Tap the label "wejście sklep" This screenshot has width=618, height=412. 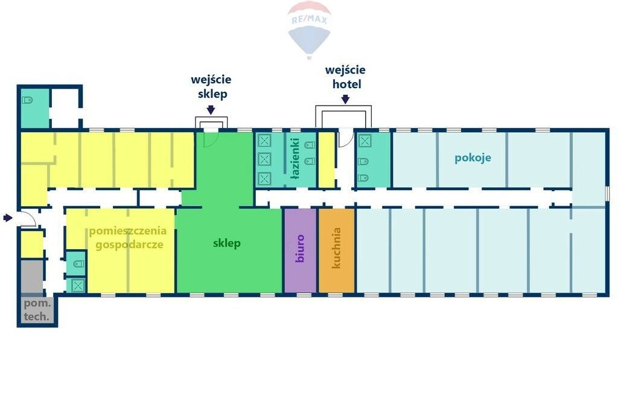211,87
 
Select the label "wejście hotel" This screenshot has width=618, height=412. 346,77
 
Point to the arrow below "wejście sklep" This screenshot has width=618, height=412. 211,109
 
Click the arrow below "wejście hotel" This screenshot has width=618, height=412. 345,98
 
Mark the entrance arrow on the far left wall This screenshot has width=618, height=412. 7,218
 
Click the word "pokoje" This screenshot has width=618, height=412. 473,158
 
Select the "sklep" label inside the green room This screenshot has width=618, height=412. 227,244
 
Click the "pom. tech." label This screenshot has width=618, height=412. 37,310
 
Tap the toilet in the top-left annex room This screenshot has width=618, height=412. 28,100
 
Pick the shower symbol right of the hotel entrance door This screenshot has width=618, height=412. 365,141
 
